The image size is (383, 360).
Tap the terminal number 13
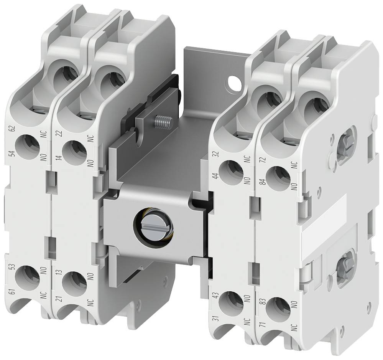[x=59, y=273]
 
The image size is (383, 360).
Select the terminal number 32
[x=216, y=155]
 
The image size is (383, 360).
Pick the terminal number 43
[x=215, y=297]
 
